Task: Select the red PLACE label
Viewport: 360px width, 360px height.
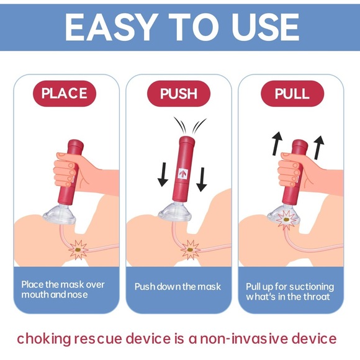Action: [x=65, y=94]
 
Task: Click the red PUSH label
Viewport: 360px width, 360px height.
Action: [x=179, y=94]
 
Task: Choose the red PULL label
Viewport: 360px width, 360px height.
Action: [x=292, y=94]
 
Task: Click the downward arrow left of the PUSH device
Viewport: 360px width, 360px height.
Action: [x=163, y=173]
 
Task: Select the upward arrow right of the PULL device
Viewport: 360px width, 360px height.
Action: [x=319, y=149]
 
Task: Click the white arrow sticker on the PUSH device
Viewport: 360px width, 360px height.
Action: [x=184, y=174]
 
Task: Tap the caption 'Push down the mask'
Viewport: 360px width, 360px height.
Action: [x=178, y=287]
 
